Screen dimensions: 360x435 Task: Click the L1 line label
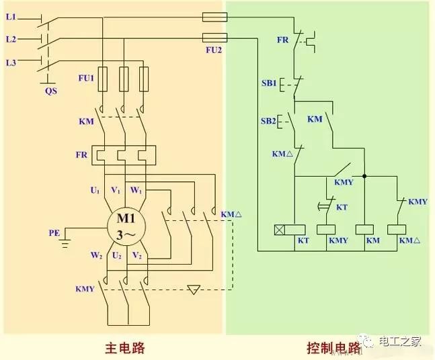pos(11,16)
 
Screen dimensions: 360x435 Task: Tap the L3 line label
pos(11,62)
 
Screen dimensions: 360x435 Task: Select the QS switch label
pos(50,89)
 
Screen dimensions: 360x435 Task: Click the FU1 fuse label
pos(85,78)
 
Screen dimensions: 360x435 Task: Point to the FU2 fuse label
pos(214,50)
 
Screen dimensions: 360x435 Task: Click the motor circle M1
pos(126,226)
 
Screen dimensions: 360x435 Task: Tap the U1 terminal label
pos(95,191)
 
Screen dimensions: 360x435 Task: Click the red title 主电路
pos(125,347)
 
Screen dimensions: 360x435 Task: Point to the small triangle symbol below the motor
pos(194,290)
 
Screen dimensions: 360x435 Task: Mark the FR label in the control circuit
pos(283,40)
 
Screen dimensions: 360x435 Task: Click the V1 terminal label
pos(116,191)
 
